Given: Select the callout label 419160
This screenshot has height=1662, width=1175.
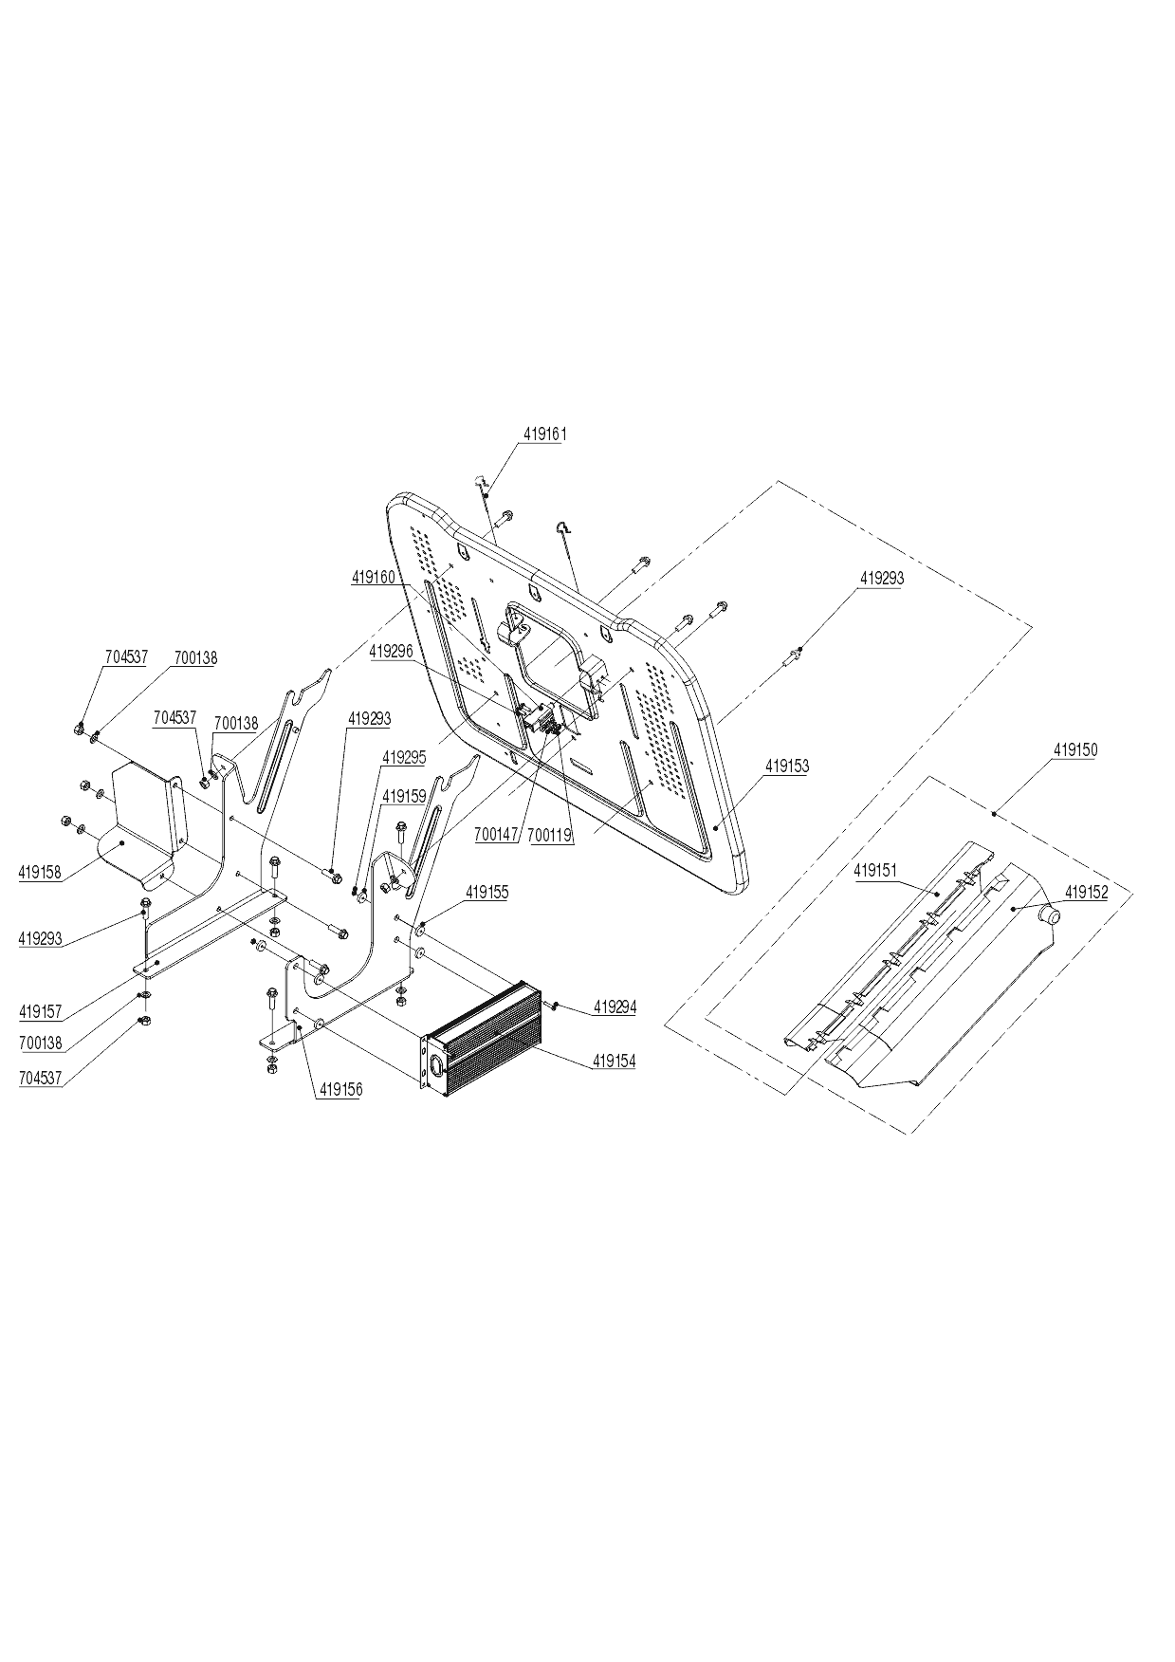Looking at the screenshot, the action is point(374,577).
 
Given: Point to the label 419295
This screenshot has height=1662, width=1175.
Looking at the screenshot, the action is point(404,757).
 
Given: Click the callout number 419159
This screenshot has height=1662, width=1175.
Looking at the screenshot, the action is point(404,797).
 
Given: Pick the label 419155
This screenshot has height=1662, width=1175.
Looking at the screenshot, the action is point(487,893).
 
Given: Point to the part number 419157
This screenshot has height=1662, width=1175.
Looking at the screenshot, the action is point(40,1012).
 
